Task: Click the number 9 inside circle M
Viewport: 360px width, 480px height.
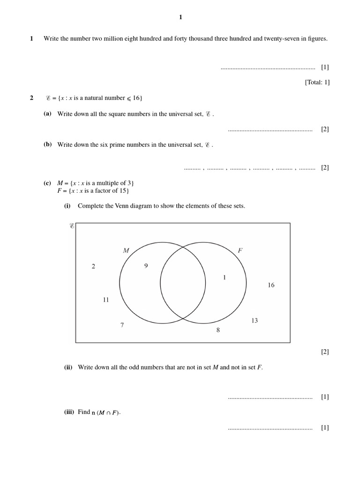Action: coord(146,266)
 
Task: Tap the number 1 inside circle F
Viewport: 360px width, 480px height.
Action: coord(225,277)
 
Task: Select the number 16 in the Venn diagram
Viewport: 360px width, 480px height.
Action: coord(271,285)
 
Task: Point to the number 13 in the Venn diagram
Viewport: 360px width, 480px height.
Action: coord(255,321)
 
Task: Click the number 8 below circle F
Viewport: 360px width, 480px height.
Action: coord(217,330)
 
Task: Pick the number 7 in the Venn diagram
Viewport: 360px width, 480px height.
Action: coord(122,325)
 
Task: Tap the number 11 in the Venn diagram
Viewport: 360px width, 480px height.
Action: coord(105,300)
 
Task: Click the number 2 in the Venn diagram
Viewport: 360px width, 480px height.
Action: coord(93,266)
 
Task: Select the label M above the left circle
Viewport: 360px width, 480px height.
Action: coord(126,251)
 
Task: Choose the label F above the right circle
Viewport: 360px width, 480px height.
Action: coord(240,251)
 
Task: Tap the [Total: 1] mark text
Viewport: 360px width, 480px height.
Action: coord(317,82)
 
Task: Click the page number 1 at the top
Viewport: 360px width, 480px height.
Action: coord(180,17)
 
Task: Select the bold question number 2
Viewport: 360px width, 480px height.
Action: coord(31,98)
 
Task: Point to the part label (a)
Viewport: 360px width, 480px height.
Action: coord(47,114)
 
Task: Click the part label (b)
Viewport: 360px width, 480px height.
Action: coord(47,145)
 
